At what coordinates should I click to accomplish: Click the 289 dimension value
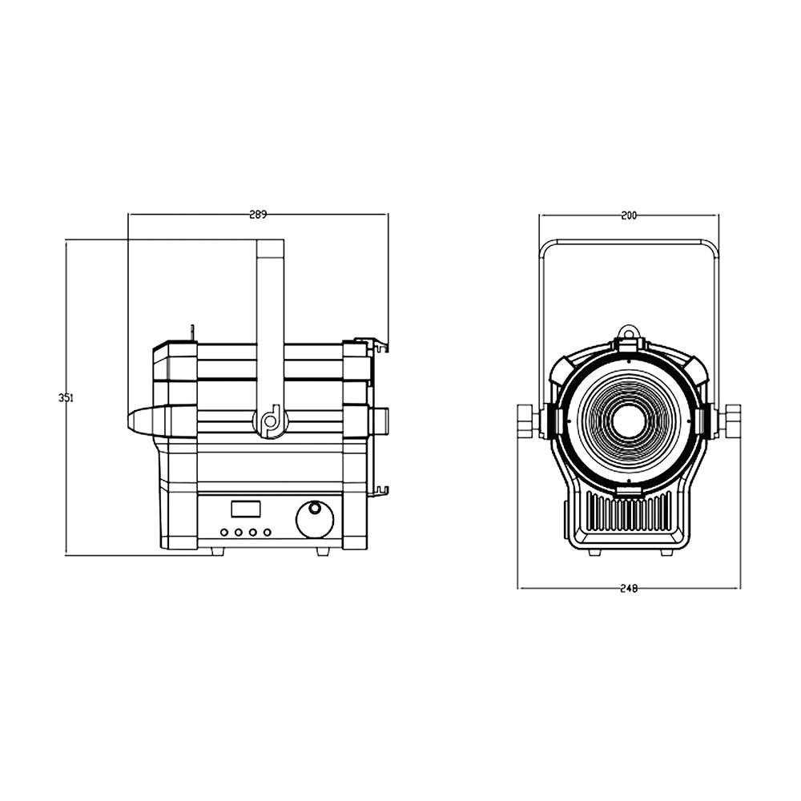(x=258, y=214)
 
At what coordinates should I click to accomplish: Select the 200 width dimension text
(x=629, y=215)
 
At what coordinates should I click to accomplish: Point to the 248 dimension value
(x=629, y=588)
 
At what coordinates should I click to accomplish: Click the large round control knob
(x=315, y=519)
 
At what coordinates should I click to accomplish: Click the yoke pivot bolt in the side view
(x=271, y=421)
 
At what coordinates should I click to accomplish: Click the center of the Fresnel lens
(x=629, y=421)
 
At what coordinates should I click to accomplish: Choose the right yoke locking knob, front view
(x=731, y=421)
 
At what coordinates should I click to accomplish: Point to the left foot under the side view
(x=216, y=551)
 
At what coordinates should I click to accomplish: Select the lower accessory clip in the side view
(x=378, y=490)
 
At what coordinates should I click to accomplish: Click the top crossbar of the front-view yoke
(x=629, y=241)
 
